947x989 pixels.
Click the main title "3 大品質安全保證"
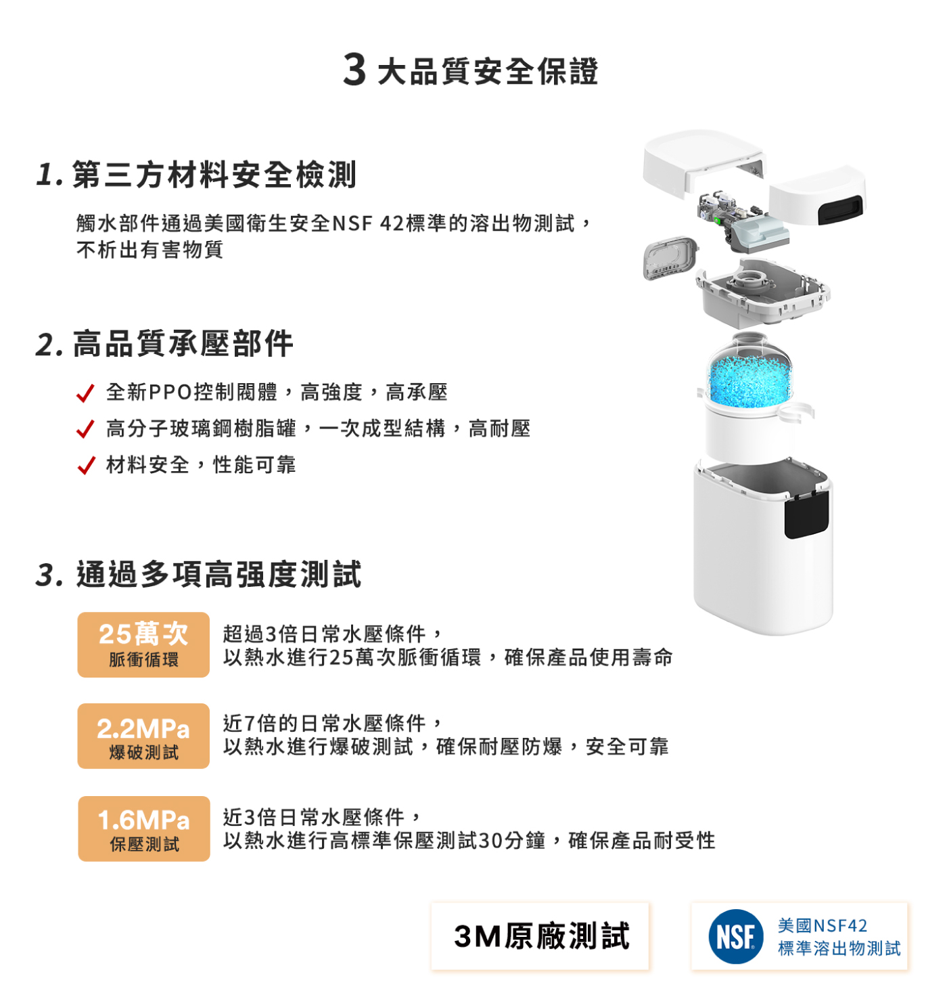pyautogui.click(x=471, y=70)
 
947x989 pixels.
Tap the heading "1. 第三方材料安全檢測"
pyautogui.click(x=196, y=175)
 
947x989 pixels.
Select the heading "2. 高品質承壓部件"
pyautogui.click(x=164, y=344)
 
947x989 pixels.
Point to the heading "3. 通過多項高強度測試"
pyautogui.click(x=199, y=574)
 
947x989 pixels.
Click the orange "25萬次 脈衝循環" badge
pyautogui.click(x=143, y=644)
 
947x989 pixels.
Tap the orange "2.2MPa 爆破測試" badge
pyautogui.click(x=143, y=736)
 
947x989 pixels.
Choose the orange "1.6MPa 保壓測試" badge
pyautogui.click(x=143, y=829)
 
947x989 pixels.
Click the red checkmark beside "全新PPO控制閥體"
pyautogui.click(x=85, y=393)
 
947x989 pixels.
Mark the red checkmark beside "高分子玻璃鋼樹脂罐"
pyautogui.click(x=85, y=429)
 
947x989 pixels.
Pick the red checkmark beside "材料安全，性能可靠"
pyautogui.click(x=86, y=465)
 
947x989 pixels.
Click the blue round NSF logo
pyautogui.click(x=736, y=936)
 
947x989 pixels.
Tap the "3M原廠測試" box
pyautogui.click(x=540, y=936)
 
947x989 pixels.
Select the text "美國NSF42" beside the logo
pyautogui.click(x=822, y=925)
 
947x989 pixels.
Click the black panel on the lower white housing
pyautogui.click(x=806, y=515)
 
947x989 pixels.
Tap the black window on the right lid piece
pyautogui.click(x=840, y=210)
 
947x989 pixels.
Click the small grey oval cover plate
pyautogui.click(x=670, y=258)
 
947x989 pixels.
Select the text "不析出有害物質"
pyautogui.click(x=149, y=250)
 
